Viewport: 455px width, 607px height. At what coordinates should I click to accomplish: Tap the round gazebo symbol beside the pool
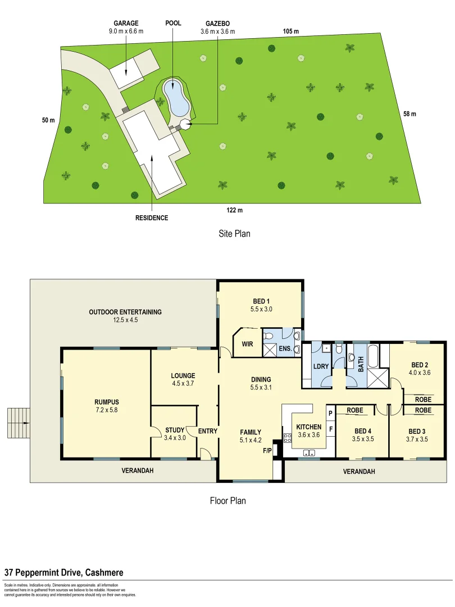[185, 125]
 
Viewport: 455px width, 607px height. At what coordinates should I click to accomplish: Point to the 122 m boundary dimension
[234, 210]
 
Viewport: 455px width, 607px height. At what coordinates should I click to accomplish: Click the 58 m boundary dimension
[410, 114]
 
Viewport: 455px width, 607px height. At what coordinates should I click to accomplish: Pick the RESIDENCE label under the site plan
[152, 218]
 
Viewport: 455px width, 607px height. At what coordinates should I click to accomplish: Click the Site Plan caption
[234, 233]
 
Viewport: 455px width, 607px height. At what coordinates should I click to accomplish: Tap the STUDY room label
[171, 431]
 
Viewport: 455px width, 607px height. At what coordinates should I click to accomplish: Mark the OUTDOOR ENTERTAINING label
[125, 312]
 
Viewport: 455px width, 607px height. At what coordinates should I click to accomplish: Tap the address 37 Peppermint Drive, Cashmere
[64, 572]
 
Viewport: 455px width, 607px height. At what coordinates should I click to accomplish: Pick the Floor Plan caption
[228, 500]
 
